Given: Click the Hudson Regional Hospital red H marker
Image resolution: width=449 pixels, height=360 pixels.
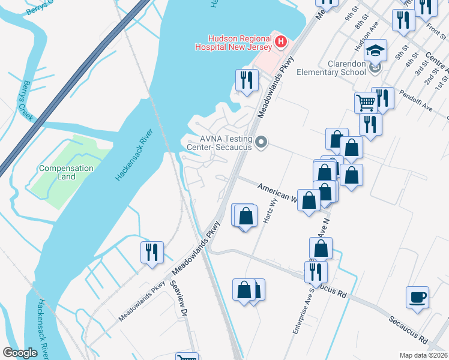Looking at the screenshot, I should (281, 42).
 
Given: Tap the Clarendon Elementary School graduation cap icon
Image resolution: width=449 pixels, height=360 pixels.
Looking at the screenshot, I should (376, 50).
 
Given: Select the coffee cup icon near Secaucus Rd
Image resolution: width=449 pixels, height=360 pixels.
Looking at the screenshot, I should (417, 297).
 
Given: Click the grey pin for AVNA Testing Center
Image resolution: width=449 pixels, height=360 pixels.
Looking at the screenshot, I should (261, 143).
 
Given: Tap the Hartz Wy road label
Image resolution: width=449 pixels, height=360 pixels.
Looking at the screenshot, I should (269, 211).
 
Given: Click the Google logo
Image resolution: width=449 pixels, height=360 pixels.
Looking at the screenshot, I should (20, 353).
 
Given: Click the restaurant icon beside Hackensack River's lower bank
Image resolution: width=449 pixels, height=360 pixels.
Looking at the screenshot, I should (152, 251).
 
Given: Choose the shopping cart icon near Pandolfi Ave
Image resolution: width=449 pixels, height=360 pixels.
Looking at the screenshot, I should (366, 102).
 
